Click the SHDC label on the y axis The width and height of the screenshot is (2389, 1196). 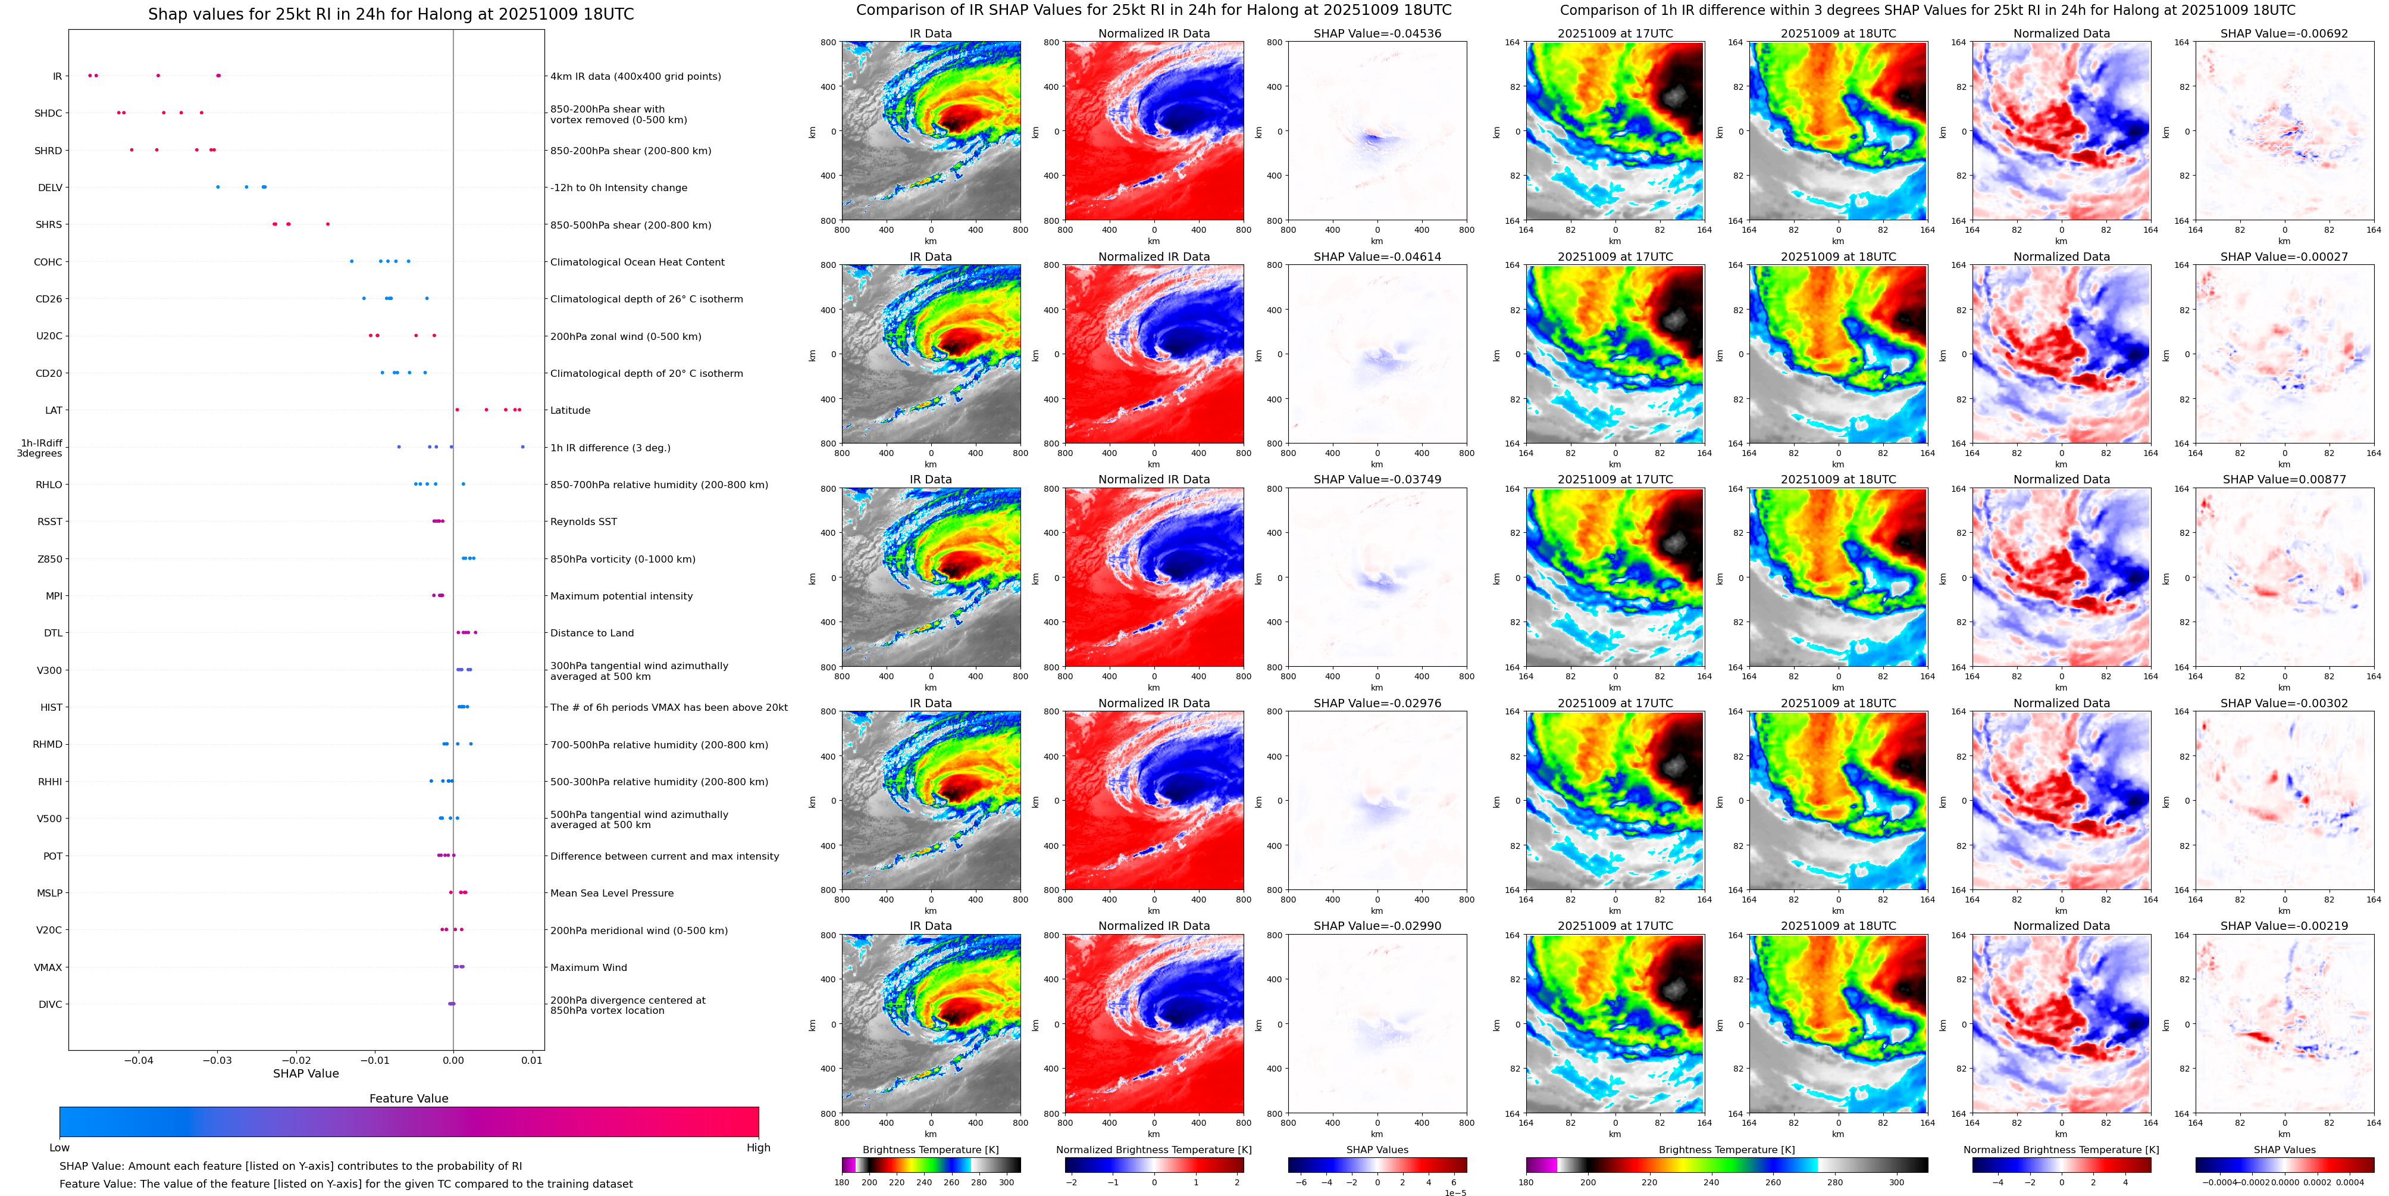click(48, 113)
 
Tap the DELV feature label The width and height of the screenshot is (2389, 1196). click(50, 188)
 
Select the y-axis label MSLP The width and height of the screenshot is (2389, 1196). click(49, 892)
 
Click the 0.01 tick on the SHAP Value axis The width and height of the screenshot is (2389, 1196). click(531, 1060)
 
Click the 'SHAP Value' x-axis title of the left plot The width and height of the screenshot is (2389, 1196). click(305, 1073)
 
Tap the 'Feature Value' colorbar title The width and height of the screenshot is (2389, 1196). click(408, 1098)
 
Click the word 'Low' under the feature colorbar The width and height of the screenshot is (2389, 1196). click(60, 1148)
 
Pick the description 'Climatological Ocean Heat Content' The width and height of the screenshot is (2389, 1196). click(637, 262)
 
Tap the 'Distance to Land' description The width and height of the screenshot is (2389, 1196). click(591, 633)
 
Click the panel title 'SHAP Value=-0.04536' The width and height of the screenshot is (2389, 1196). click(1377, 33)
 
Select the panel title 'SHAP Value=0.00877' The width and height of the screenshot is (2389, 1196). click(2284, 480)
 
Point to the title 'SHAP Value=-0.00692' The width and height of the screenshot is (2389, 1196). click(2284, 33)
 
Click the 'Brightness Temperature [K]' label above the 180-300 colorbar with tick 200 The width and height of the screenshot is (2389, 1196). click(930, 1150)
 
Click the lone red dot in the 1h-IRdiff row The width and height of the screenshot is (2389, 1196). click(522, 447)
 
